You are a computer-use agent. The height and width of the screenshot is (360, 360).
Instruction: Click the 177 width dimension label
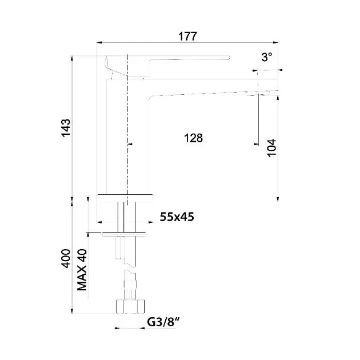(x=187, y=36)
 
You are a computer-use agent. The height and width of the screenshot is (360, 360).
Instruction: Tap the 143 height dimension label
(x=66, y=128)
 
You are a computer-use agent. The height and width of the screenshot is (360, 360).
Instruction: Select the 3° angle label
(x=266, y=57)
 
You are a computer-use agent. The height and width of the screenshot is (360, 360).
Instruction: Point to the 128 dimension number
(x=193, y=138)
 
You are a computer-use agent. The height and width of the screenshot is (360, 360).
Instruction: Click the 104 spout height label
(x=271, y=148)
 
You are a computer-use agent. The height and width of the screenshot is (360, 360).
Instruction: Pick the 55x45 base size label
(x=177, y=217)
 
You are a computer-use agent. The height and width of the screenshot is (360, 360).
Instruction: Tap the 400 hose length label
(x=66, y=258)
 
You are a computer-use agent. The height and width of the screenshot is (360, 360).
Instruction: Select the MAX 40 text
(x=82, y=270)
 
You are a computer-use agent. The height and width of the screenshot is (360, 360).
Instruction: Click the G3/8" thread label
(x=163, y=322)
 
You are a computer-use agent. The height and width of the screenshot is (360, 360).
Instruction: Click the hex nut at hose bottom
(x=130, y=306)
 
